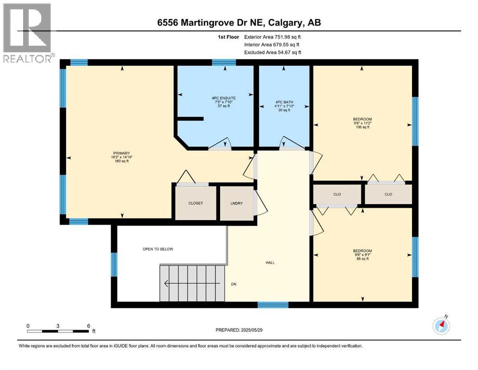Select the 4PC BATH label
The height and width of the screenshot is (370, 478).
tap(284, 102)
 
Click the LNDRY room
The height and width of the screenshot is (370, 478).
tap(236, 203)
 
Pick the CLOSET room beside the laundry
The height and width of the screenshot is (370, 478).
tap(195, 203)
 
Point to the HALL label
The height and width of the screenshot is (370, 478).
tap(270, 263)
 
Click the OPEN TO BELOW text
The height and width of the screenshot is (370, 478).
tap(157, 249)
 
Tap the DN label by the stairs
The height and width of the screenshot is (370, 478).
tap(233, 284)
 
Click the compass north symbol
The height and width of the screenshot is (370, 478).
tap(441, 326)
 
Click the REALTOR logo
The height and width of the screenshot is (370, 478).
tap(27, 33)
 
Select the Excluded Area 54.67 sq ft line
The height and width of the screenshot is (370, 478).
tap(274, 52)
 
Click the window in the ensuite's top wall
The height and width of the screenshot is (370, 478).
tap(224, 62)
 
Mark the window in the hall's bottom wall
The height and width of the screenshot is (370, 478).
tap(273, 304)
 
